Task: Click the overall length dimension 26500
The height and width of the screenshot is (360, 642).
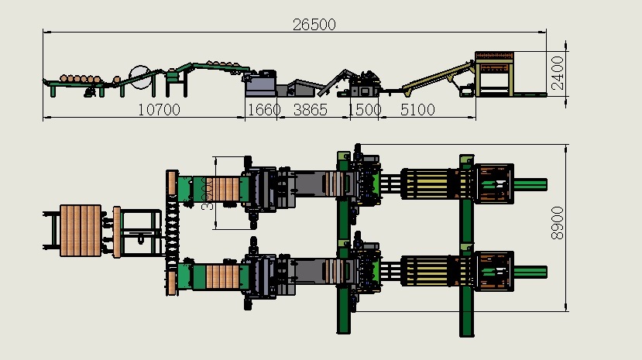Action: [x=314, y=24]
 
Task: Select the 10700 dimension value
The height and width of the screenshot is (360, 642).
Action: [x=159, y=110]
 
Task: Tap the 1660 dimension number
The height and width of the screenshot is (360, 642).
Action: [x=263, y=110]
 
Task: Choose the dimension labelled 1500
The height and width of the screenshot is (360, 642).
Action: [x=366, y=110]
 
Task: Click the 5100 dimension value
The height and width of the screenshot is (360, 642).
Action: [x=417, y=110]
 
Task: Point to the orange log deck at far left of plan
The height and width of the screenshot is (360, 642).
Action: [x=81, y=230]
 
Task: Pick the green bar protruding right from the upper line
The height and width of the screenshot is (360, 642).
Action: [x=530, y=184]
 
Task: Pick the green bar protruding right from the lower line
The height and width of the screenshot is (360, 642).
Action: [x=530, y=271]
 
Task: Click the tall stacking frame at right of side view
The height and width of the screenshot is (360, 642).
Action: [x=494, y=74]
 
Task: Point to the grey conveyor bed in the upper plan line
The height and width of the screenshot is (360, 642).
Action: [x=314, y=184]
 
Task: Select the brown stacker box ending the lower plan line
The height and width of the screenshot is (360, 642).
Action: [x=493, y=271]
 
